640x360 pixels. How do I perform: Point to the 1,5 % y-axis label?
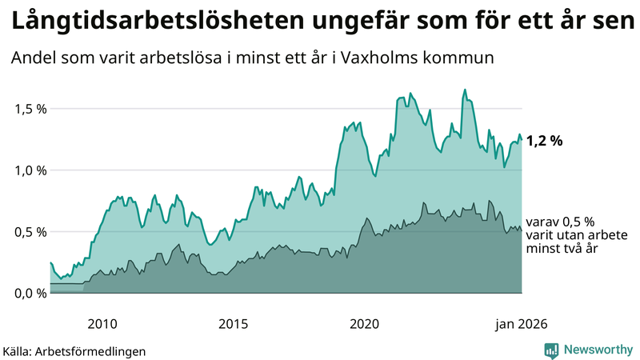[x=30, y=109]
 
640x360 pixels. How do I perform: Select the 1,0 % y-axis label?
[x=30, y=170]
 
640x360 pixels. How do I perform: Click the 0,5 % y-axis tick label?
[x=30, y=232]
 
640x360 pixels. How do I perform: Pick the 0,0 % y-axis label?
[x=30, y=293]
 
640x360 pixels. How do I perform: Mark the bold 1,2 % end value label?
[x=544, y=141]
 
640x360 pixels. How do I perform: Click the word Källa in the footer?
[x=20, y=350]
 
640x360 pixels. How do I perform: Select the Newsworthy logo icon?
[x=551, y=350]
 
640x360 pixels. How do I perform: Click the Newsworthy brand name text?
[x=598, y=350]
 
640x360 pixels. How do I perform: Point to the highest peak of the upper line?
[x=465, y=90]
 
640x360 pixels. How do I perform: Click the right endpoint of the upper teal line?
[x=522, y=141]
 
